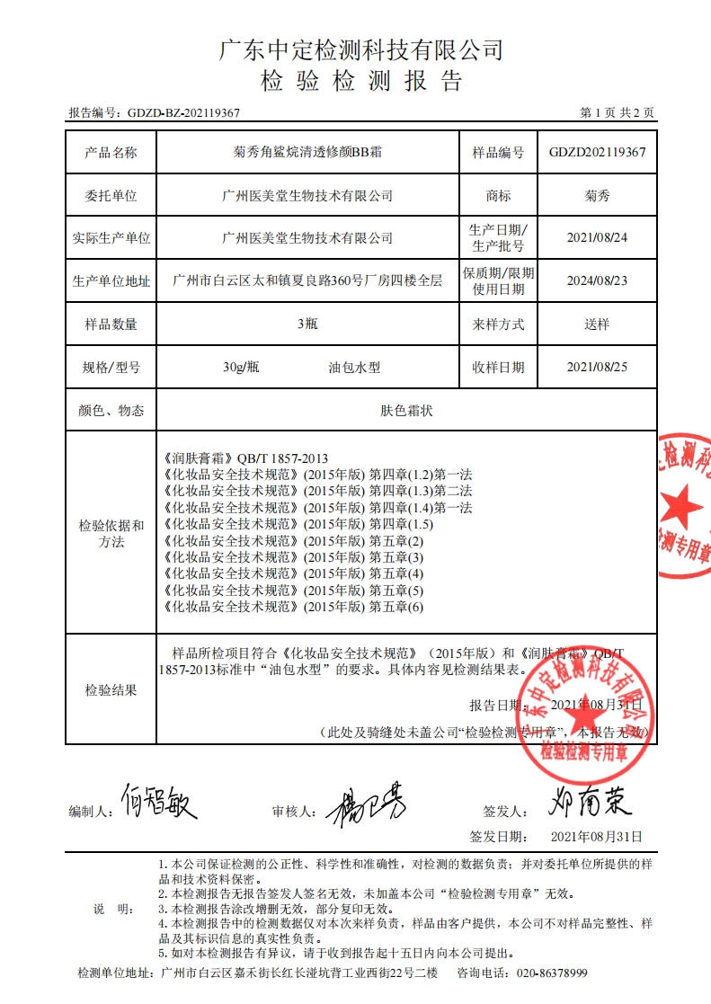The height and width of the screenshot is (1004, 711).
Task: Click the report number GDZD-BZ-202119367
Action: pyautogui.click(x=183, y=113)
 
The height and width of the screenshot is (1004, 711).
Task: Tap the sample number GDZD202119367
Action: pyautogui.click(x=597, y=152)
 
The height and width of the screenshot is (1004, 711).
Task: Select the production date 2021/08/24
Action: pyautogui.click(x=597, y=238)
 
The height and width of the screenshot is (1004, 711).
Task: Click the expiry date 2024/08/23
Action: pyautogui.click(x=597, y=280)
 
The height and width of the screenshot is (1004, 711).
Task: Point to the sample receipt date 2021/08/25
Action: pyautogui.click(x=597, y=367)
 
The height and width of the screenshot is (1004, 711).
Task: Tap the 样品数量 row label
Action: pyautogui.click(x=111, y=324)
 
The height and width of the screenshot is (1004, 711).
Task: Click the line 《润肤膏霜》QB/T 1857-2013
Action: pyautogui.click(x=241, y=458)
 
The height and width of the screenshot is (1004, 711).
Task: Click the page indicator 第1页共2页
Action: pyautogui.click(x=618, y=113)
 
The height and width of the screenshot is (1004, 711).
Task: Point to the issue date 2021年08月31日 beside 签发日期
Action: pyautogui.click(x=596, y=836)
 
